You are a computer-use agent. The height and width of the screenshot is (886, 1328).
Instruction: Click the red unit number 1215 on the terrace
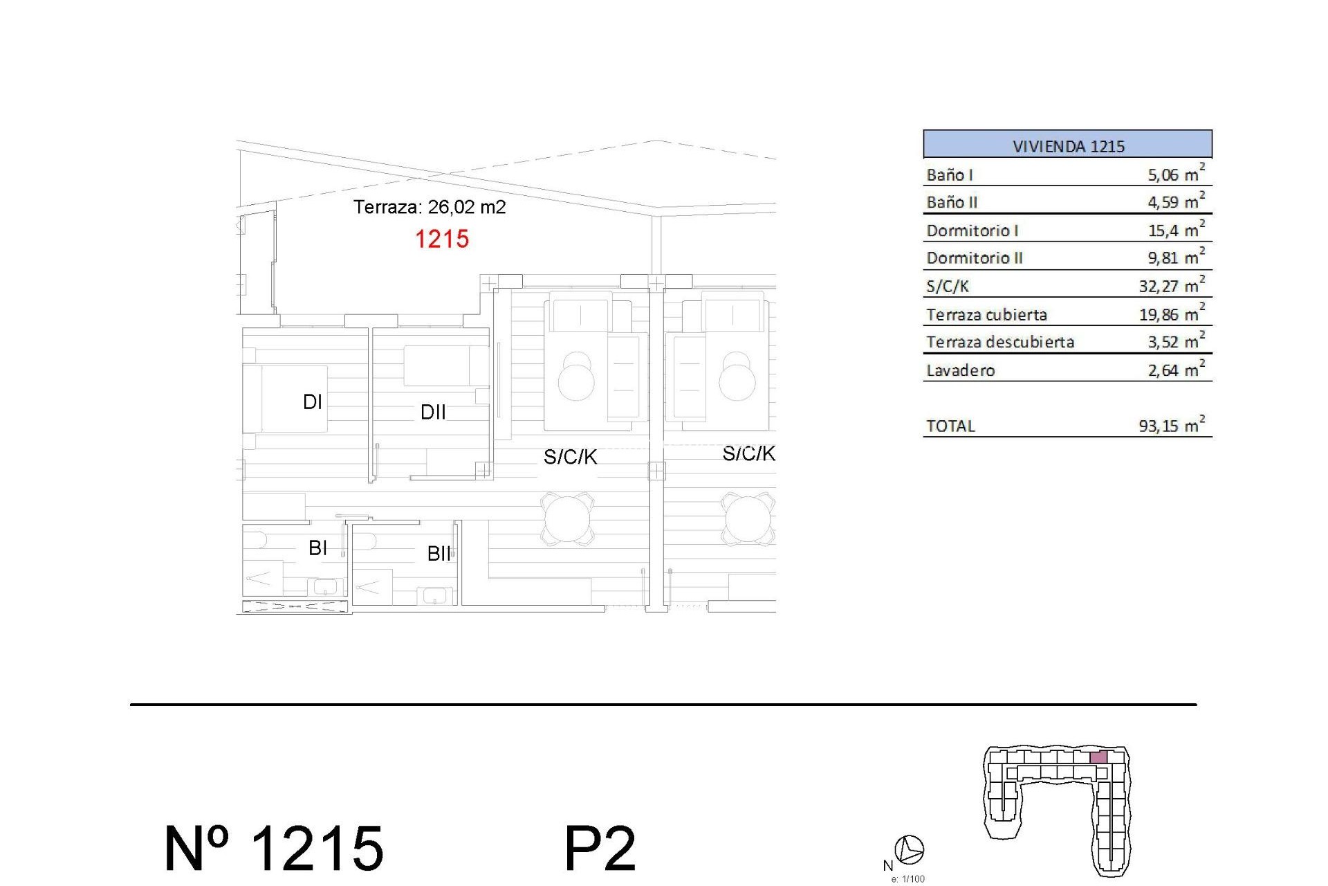coord(442,239)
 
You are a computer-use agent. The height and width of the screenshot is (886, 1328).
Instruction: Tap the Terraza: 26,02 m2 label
coord(430,207)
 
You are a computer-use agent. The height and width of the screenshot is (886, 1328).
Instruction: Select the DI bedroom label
coord(313,402)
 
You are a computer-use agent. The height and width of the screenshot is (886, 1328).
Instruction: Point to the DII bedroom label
coord(433,413)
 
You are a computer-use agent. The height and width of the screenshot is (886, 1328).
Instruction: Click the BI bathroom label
coord(317,548)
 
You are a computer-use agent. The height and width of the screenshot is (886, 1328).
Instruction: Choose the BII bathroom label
coord(439,554)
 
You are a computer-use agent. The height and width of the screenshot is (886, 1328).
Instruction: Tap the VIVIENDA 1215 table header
coord(1067,146)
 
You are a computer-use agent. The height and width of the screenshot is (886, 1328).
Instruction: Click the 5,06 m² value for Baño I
coord(1175,174)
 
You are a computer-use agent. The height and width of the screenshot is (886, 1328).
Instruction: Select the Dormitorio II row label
coord(974,258)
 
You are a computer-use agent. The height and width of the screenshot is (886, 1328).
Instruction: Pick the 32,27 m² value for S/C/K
coord(1171,286)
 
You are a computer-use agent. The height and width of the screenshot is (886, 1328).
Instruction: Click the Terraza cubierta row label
coord(986,315)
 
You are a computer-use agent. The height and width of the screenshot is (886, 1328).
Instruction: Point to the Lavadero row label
coord(960,371)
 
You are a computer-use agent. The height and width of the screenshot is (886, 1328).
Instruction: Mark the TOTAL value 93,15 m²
coord(1171,426)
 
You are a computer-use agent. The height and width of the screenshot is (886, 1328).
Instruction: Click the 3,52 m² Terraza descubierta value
coord(1175,342)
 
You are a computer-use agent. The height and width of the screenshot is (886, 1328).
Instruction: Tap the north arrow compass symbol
coord(909,849)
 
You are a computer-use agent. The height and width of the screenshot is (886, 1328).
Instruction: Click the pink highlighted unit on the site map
coord(1098,757)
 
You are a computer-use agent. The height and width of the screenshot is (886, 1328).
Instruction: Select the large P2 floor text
coord(600,849)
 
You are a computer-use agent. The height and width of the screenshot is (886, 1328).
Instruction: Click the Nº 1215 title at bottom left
coord(274,849)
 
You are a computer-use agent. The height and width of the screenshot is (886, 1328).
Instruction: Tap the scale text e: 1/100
coord(907,879)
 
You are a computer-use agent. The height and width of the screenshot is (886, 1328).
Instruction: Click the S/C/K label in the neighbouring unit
coord(748,454)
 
